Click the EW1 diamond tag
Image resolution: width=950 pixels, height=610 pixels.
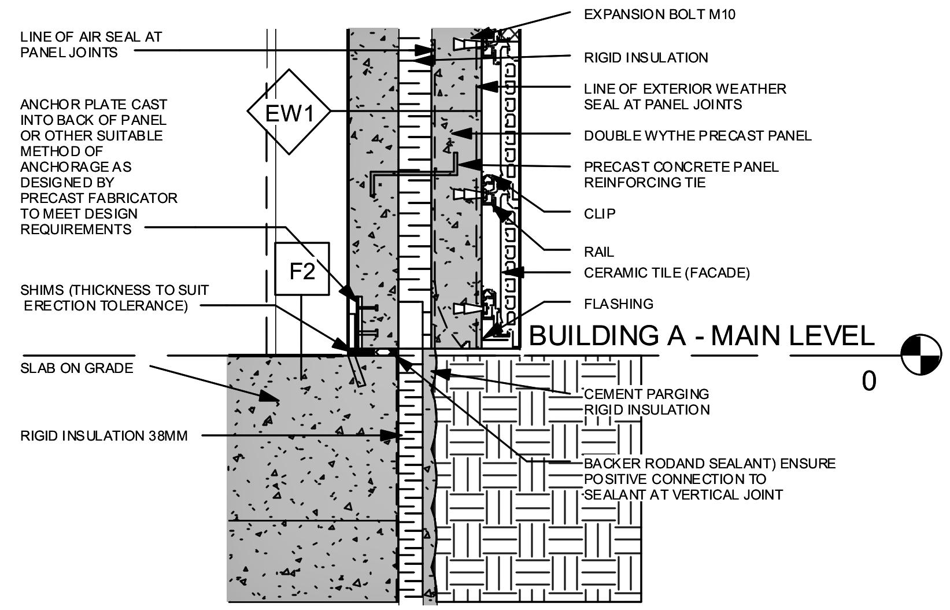pos(289,112)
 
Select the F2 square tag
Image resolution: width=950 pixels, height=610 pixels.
pos(302,269)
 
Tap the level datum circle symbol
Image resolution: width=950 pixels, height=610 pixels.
pos(922,354)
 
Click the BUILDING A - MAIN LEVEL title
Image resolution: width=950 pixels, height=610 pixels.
pos(701,336)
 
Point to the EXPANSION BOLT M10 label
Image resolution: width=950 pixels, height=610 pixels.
pos(659,14)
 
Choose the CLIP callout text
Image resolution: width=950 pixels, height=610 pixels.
pos(600,214)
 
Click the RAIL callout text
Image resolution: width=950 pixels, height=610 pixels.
pos(598,252)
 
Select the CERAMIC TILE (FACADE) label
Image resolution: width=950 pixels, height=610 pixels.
pos(666,273)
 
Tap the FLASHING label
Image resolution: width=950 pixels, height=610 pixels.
pos(618,304)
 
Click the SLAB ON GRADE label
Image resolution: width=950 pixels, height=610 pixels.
pos(76,368)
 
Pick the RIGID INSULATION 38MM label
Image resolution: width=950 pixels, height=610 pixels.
pos(104,436)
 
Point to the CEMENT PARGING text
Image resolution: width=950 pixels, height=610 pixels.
pos(646,394)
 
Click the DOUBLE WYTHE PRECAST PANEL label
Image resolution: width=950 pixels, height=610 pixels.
pos(697,136)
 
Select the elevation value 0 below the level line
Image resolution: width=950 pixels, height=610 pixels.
pos(868,381)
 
